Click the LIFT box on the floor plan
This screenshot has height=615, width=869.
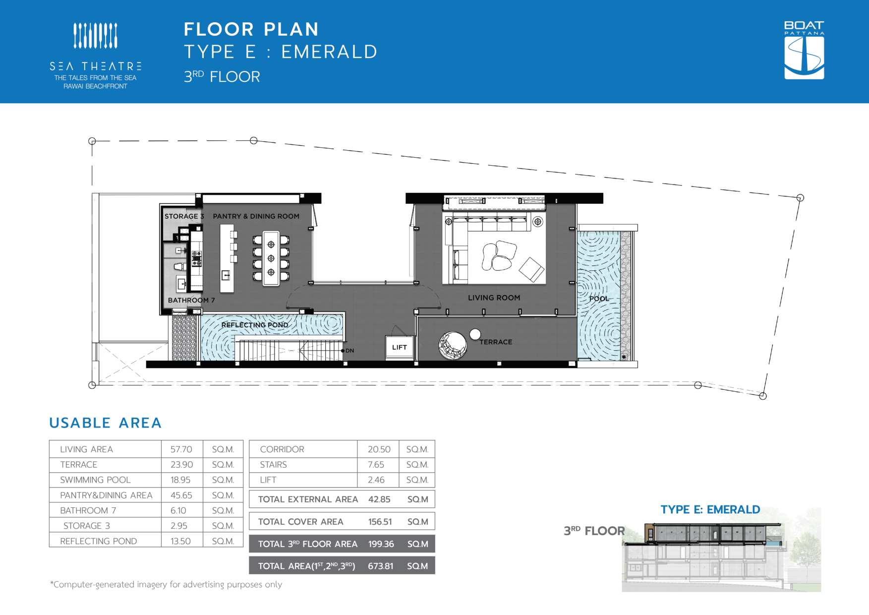pos(400,347)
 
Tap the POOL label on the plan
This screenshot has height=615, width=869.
pos(599,299)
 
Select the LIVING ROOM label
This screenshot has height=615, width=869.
pos(494,298)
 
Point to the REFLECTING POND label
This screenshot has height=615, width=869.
pos(255,325)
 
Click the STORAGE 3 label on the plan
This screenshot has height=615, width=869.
pos(184,216)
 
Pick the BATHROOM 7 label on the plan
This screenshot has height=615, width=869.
pos(191,300)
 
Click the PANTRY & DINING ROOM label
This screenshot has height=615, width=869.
pos(256,216)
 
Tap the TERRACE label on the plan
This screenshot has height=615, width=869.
pos(496,342)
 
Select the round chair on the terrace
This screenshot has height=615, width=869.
pos(453,345)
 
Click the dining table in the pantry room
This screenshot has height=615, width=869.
pos(271,258)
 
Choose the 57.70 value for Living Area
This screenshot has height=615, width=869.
pos(181,449)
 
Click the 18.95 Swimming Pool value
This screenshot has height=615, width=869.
pos(180,480)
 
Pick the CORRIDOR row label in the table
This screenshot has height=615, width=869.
pos(282,449)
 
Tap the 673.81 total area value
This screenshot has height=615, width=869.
pos(381,566)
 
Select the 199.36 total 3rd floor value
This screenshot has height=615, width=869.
pos(381,544)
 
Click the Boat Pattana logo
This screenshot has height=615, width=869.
pos(804,50)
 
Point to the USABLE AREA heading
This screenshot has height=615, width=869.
pos(106,423)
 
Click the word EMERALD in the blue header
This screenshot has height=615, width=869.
pos(329,52)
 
